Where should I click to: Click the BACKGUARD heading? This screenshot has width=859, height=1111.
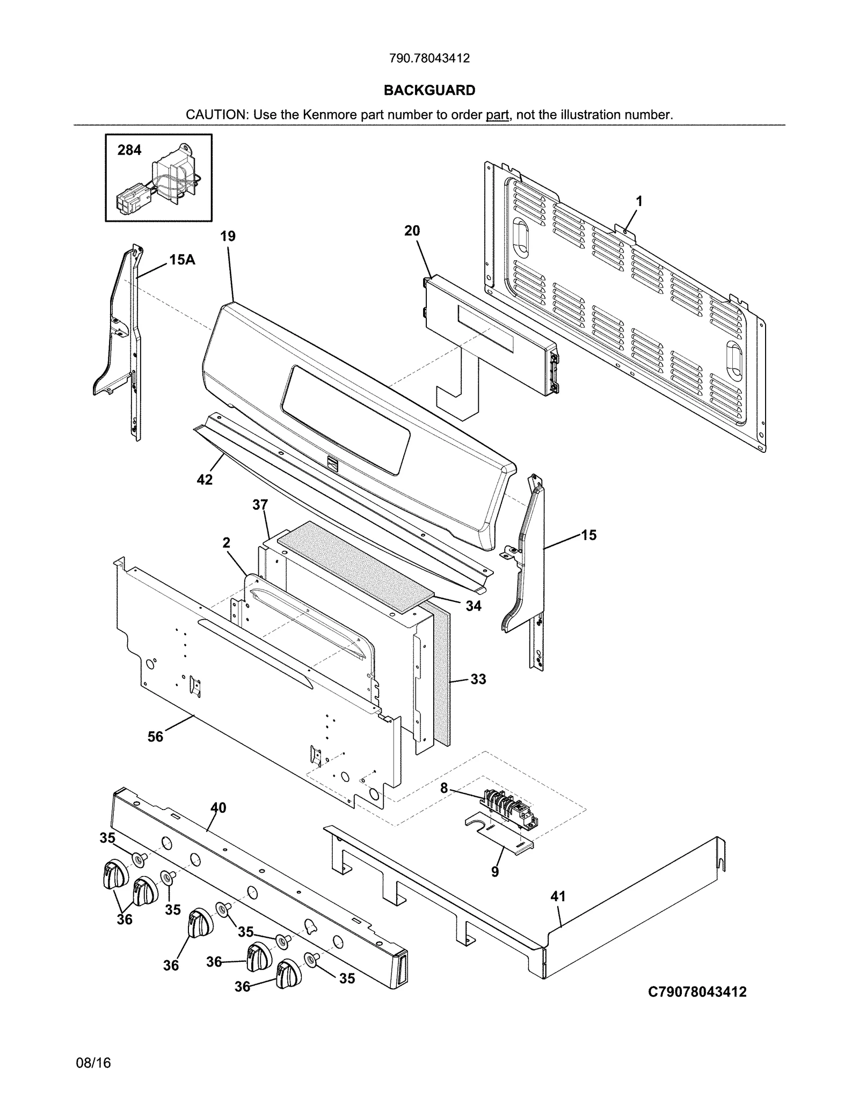click(429, 90)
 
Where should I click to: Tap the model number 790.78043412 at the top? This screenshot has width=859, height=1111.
click(429, 58)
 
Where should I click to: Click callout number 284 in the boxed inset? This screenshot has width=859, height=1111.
click(129, 150)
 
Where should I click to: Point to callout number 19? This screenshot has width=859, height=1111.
click(228, 236)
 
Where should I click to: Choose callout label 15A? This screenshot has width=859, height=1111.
click(182, 260)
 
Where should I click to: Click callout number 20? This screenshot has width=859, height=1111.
click(412, 231)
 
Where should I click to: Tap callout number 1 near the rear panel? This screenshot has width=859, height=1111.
click(639, 201)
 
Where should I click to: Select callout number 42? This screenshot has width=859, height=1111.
click(205, 479)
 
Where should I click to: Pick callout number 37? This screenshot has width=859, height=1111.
click(260, 504)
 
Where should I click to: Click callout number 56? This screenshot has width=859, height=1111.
click(155, 737)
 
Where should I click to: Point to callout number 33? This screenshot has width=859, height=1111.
click(478, 679)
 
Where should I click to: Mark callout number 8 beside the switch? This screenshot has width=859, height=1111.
click(444, 789)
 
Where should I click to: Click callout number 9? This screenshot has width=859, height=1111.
click(495, 872)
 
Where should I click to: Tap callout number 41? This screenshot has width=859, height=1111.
click(558, 896)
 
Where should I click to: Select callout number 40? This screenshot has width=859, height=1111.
click(219, 807)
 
